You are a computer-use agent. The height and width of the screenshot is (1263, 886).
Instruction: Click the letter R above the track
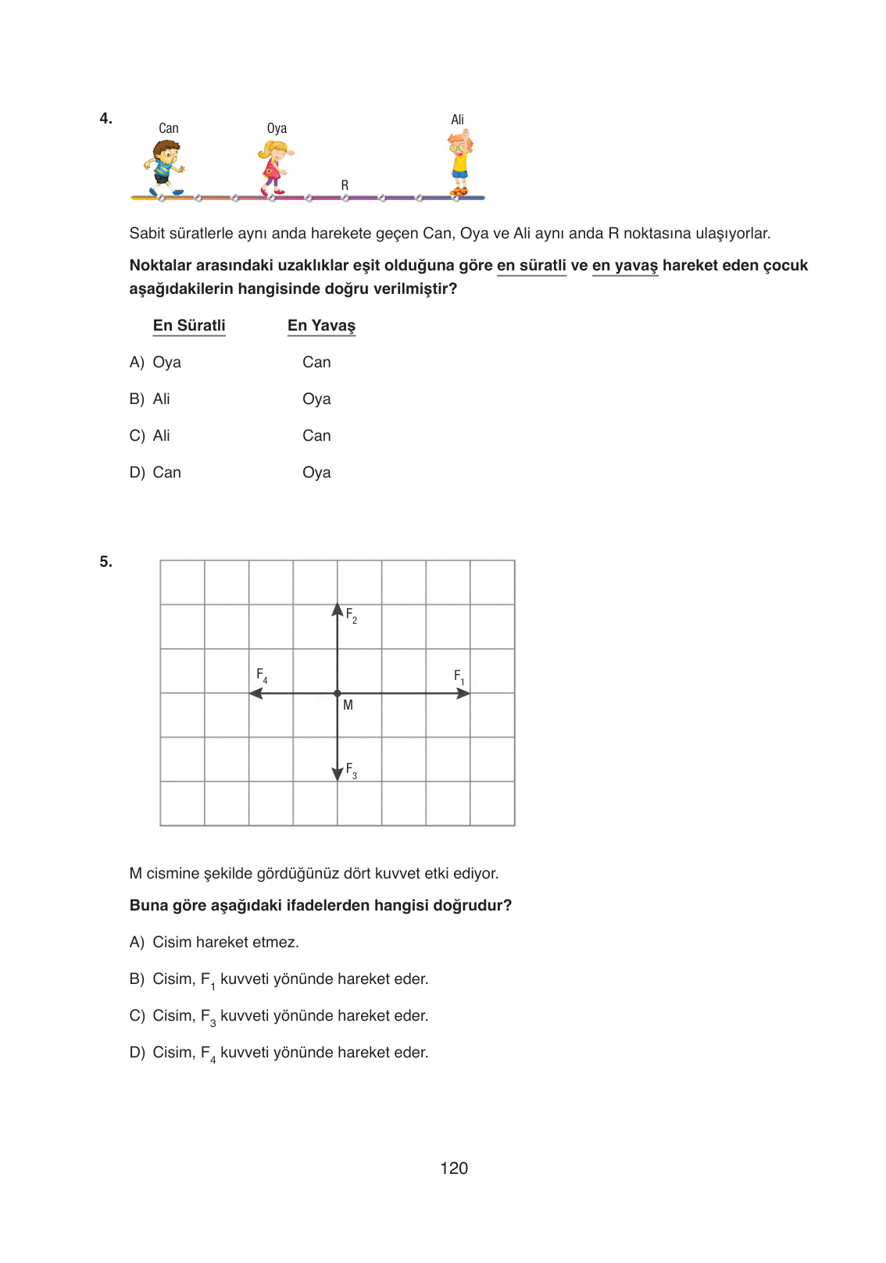(x=345, y=185)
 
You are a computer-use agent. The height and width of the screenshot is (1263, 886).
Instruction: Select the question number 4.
(x=105, y=119)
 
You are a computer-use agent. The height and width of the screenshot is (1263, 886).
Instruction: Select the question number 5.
(x=105, y=562)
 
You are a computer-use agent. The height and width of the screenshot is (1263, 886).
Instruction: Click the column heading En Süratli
(x=189, y=326)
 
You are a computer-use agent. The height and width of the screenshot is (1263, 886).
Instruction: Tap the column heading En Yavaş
(x=321, y=326)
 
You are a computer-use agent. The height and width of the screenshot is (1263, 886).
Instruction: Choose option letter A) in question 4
(x=137, y=363)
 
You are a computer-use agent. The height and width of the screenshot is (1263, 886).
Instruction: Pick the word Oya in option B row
(x=316, y=399)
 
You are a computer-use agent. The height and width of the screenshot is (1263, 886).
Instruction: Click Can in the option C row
(x=316, y=436)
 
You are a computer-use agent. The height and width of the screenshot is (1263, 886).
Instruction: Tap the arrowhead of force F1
(x=464, y=693)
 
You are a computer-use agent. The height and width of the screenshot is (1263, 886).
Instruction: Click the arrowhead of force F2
(x=338, y=609)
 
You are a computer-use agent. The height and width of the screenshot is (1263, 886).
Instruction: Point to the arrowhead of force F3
(x=338, y=775)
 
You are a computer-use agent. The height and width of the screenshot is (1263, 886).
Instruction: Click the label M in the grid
(x=348, y=705)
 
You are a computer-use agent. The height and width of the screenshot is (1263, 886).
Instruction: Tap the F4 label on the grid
(x=262, y=674)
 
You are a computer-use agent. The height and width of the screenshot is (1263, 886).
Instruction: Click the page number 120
(x=454, y=1168)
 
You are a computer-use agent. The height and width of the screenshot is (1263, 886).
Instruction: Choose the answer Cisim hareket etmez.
(x=225, y=943)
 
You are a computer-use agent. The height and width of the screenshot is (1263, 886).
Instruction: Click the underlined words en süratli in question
(x=531, y=266)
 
